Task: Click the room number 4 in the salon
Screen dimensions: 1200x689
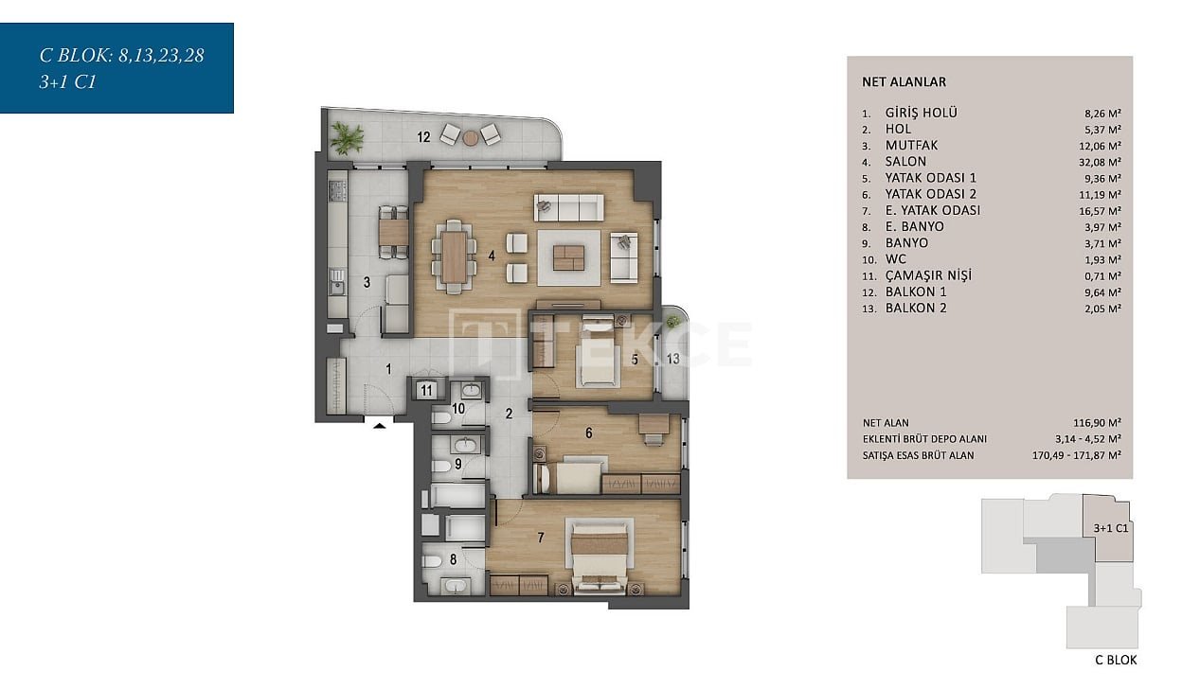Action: tap(492, 256)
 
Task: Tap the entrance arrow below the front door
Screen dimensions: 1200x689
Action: tap(379, 426)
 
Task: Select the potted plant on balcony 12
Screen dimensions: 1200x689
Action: tap(346, 138)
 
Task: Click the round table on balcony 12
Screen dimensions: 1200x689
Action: tap(471, 139)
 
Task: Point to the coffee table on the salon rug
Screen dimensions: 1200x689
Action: tap(569, 257)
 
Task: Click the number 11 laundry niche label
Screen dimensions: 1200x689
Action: tap(426, 390)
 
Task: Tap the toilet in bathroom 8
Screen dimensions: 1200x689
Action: tap(432, 561)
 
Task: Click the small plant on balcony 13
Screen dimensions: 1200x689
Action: tap(672, 321)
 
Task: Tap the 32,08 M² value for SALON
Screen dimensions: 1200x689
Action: tap(1100, 162)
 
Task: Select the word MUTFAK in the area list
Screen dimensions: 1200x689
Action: tap(911, 146)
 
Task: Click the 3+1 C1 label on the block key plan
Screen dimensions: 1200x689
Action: tap(1111, 528)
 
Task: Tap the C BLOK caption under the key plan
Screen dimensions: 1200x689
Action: tap(1116, 660)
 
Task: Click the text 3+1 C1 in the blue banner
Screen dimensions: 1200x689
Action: tap(67, 82)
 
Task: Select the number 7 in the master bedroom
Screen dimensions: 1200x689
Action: tap(541, 538)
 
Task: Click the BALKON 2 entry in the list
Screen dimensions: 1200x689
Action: tap(916, 309)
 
